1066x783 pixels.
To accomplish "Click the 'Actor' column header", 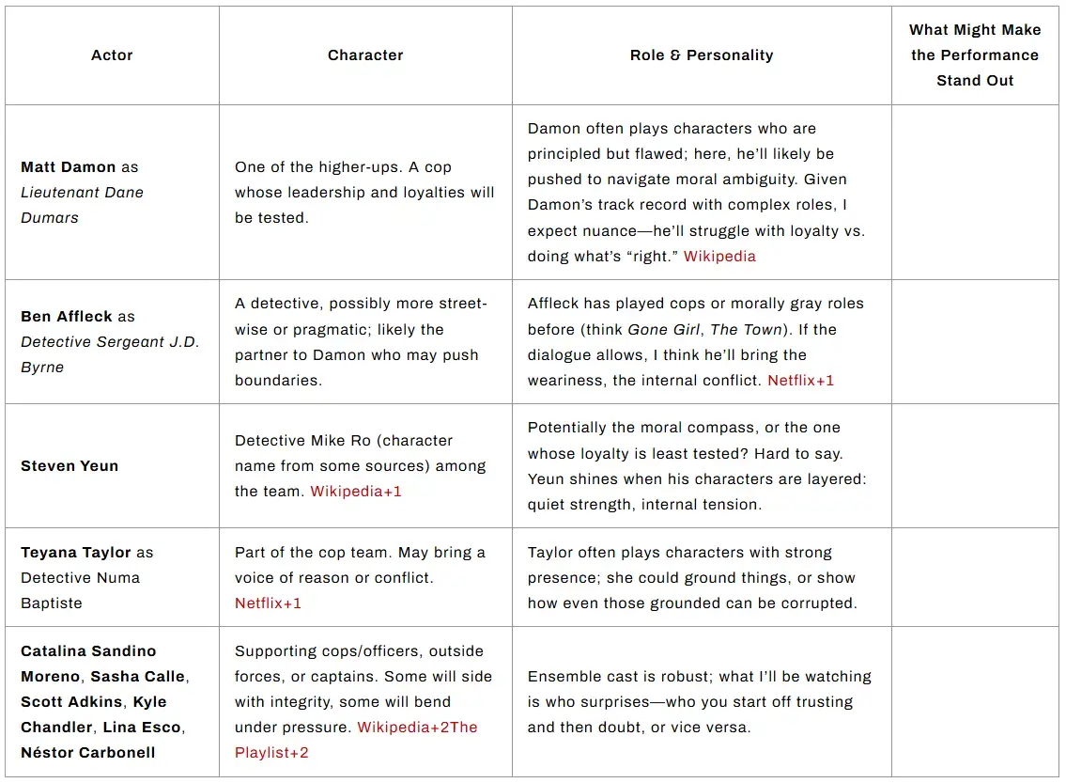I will [112, 55].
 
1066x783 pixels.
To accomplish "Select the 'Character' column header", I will [365, 55].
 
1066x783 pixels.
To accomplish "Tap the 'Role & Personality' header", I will [702, 55].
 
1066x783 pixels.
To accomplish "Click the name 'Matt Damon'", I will [69, 167].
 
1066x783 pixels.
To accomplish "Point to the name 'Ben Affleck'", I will [67, 317].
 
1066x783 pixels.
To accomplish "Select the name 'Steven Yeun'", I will [70, 466].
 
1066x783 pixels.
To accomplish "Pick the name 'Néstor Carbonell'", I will [88, 753].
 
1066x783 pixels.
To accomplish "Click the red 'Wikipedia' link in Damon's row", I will [719, 257].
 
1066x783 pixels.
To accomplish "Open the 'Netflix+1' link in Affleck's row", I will [801, 381].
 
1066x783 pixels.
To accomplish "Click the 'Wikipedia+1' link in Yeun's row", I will [356, 492].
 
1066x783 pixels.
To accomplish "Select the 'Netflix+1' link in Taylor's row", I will [269, 603].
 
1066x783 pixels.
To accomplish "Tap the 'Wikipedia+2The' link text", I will [418, 728].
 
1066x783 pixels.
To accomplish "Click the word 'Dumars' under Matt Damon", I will [50, 218].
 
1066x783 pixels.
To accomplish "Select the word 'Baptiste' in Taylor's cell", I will [51, 603].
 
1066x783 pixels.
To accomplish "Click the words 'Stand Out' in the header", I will [975, 81].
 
